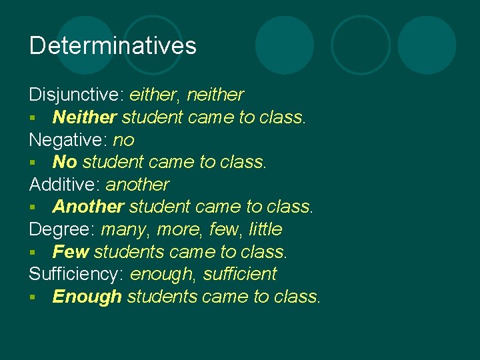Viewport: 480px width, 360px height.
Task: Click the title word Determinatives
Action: [113, 45]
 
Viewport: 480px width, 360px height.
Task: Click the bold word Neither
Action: [85, 117]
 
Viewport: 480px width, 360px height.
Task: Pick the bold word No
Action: [65, 162]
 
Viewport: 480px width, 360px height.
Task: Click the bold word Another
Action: [88, 207]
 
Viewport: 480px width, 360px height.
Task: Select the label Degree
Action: [61, 229]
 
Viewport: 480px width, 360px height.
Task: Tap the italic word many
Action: [126, 229]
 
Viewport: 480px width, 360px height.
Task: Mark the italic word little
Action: [265, 229]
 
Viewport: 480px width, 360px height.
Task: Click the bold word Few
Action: [71, 252]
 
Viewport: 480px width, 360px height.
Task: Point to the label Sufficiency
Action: [76, 274]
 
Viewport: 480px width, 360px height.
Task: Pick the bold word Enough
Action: [87, 297]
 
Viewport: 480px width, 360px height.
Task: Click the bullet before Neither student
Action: [33, 119]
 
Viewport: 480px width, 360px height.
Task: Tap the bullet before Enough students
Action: [33, 298]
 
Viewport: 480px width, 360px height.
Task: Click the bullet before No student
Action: [33, 163]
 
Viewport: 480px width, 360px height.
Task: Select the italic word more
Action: [178, 229]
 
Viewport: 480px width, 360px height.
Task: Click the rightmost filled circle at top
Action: [427, 45]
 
